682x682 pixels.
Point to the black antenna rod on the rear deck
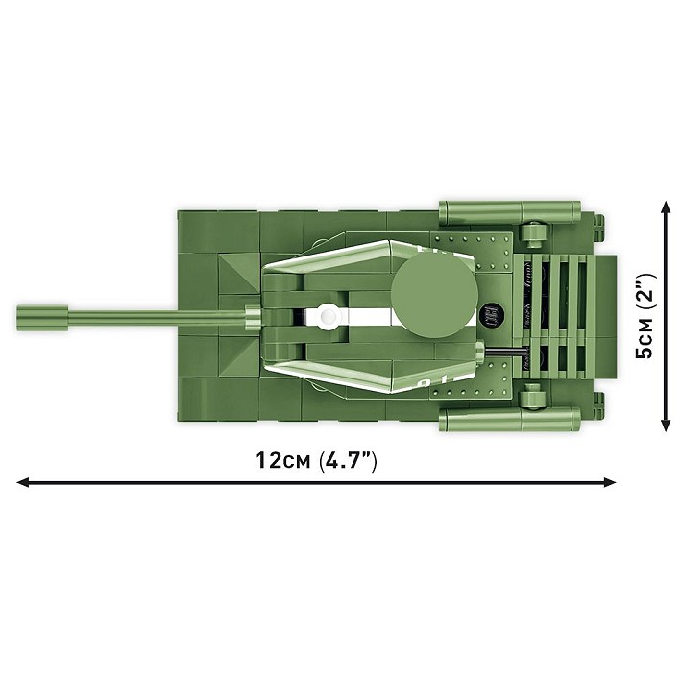506,355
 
